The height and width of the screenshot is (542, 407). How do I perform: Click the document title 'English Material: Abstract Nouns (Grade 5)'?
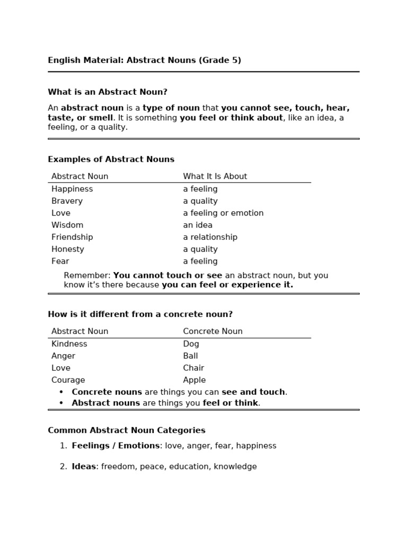point(144,60)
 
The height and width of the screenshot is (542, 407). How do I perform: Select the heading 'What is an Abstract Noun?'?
point(108,92)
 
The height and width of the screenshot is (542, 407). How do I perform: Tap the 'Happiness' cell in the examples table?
point(72,189)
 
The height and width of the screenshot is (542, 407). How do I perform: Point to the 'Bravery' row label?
point(67,201)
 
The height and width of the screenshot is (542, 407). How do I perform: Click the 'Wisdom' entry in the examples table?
point(67,225)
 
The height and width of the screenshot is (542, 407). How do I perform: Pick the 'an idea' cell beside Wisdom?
point(198,225)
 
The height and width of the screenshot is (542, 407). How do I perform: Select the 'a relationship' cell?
point(210,237)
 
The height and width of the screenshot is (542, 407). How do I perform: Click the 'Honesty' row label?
point(68,249)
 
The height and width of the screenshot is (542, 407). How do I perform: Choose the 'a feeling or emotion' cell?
point(223,213)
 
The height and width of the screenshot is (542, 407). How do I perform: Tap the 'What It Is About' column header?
point(215,176)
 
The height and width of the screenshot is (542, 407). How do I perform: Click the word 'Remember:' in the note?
point(87,275)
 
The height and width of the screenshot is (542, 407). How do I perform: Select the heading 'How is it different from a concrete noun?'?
point(140,314)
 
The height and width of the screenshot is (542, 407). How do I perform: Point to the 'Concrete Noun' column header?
point(213,331)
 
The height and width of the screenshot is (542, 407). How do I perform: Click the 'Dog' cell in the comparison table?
point(191,344)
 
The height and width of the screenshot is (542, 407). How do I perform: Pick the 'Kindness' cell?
point(69,344)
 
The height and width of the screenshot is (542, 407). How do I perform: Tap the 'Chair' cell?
point(193,368)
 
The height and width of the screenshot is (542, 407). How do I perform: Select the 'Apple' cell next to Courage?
point(194,380)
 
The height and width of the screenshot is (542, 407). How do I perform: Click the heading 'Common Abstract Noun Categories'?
point(127,430)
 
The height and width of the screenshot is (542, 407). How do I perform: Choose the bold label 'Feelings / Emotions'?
point(116,446)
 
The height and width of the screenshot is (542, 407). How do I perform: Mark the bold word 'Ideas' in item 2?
point(84,466)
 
